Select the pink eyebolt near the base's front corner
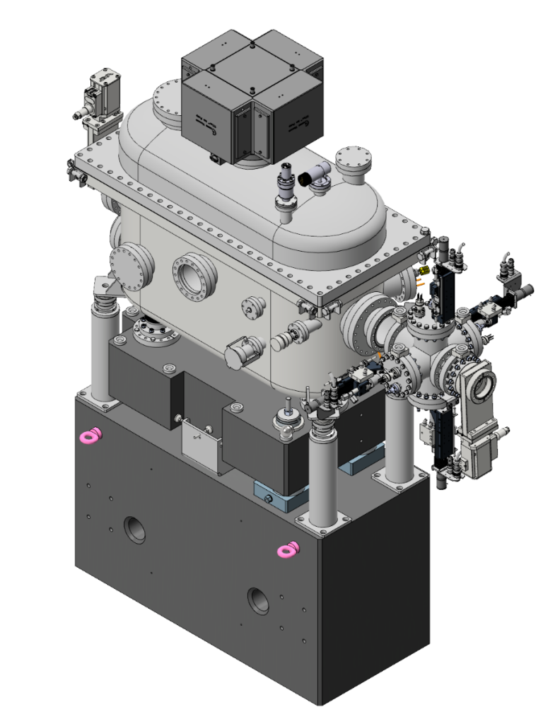click(x=287, y=549)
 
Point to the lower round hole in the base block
click(x=257, y=600)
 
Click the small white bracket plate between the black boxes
click(x=199, y=443)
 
